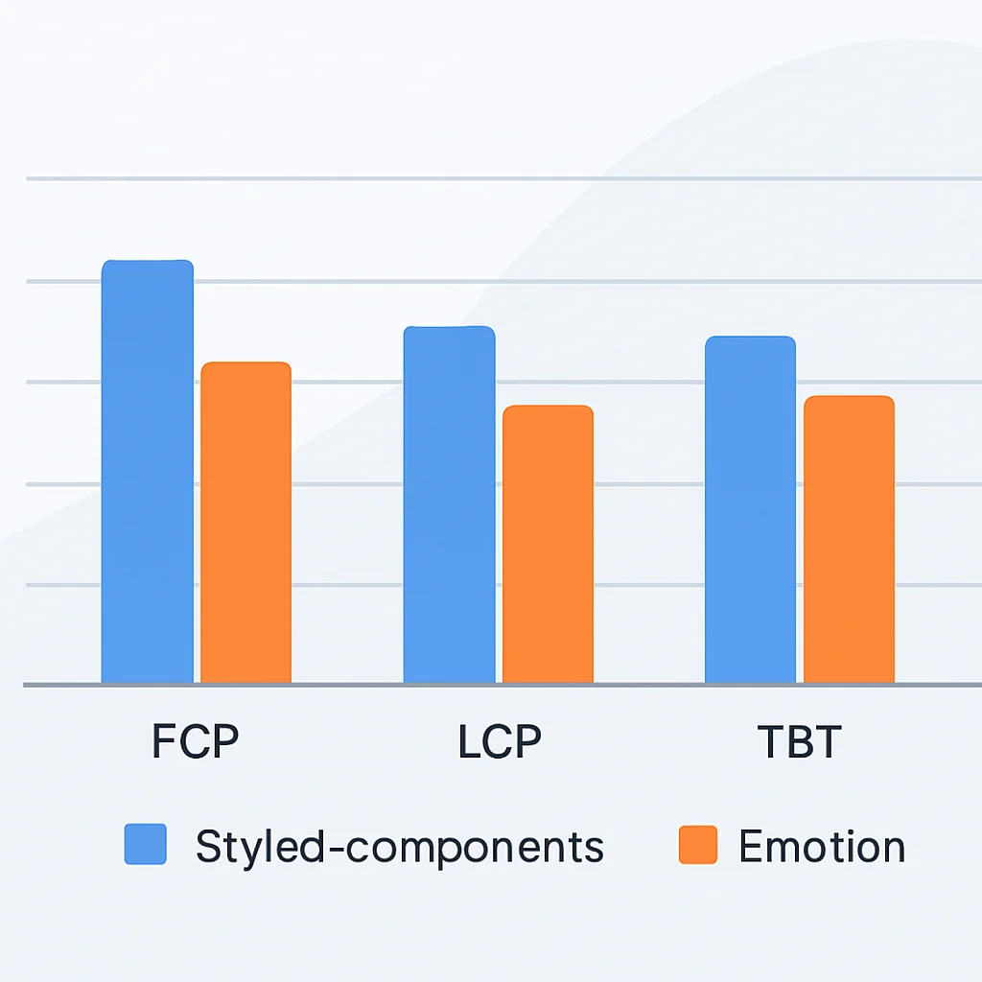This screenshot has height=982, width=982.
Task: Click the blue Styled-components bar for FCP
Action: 147,471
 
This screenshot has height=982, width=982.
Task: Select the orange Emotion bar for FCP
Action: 246,523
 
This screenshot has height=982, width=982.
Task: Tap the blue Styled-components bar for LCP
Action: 449,504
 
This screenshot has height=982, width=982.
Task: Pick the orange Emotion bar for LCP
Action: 548,544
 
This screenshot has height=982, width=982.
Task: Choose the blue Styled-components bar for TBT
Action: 750,509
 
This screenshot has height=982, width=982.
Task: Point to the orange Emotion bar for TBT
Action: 850,539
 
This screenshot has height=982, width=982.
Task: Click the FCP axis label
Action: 195,741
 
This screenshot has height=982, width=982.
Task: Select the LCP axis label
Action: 499,741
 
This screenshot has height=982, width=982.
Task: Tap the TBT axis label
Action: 799,741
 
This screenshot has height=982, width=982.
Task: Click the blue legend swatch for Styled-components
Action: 146,844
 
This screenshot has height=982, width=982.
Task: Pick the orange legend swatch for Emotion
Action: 698,845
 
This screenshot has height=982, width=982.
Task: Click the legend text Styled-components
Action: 400,848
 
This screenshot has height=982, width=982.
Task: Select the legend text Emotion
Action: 822,846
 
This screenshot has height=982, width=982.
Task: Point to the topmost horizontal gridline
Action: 503,178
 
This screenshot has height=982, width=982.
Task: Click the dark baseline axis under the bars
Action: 503,685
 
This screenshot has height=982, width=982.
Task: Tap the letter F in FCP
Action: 163,741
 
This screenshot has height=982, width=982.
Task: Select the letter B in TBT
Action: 799,741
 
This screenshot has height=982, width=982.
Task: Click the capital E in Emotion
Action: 751,846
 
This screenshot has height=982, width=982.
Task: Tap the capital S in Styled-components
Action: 208,846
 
